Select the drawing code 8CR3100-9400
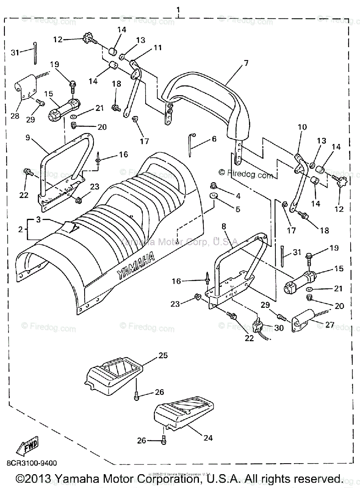coord(31,463)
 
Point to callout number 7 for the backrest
coord(246,63)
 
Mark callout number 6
coord(214,139)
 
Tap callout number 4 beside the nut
coord(238,196)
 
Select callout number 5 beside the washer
coord(238,209)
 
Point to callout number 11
coord(157,48)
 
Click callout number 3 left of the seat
coord(38,220)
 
